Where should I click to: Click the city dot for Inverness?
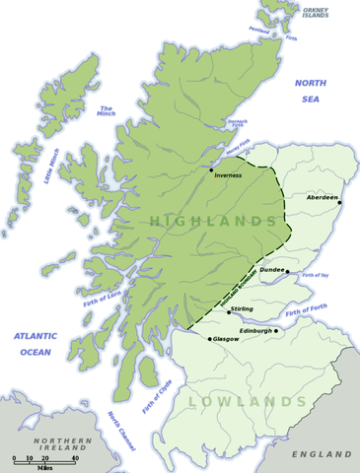click(211, 169)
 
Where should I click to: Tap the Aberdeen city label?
click(317, 196)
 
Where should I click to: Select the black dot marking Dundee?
click(288, 269)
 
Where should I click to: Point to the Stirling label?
click(242, 308)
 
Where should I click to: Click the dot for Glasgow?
click(209, 338)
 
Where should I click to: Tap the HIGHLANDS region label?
click(212, 223)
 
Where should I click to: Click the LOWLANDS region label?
click(248, 402)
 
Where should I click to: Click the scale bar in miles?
click(45, 459)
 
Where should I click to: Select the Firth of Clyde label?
click(154, 395)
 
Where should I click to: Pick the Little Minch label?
click(47, 167)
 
